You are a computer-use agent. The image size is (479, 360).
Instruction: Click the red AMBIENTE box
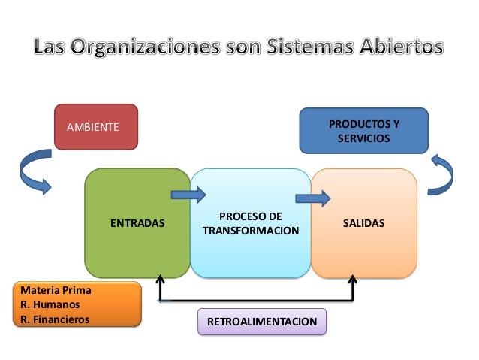[96, 126]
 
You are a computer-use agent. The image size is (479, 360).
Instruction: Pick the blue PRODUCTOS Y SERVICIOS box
[364, 131]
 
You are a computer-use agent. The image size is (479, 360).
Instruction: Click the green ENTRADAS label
[137, 224]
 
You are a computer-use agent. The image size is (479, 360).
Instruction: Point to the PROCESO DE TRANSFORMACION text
[250, 223]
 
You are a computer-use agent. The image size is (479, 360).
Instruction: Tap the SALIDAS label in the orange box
[363, 224]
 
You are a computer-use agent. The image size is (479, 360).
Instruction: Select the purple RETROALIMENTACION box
[262, 322]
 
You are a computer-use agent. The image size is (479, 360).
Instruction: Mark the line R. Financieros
[56, 319]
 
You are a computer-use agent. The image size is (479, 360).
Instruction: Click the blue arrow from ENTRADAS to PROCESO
[188, 195]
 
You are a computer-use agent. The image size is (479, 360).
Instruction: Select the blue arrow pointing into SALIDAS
[312, 198]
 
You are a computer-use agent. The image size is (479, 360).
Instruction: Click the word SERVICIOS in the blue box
[363, 139]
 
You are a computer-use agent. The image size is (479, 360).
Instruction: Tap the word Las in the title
[54, 47]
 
